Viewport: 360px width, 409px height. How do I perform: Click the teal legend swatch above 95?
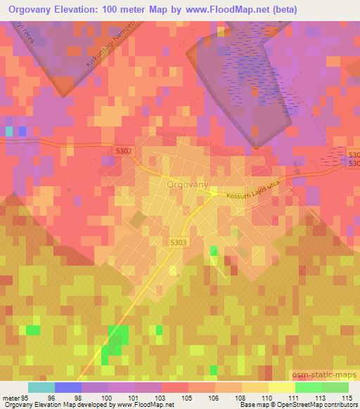coord(41,387)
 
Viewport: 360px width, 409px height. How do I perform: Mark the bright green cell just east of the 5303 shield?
coord(213,251)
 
